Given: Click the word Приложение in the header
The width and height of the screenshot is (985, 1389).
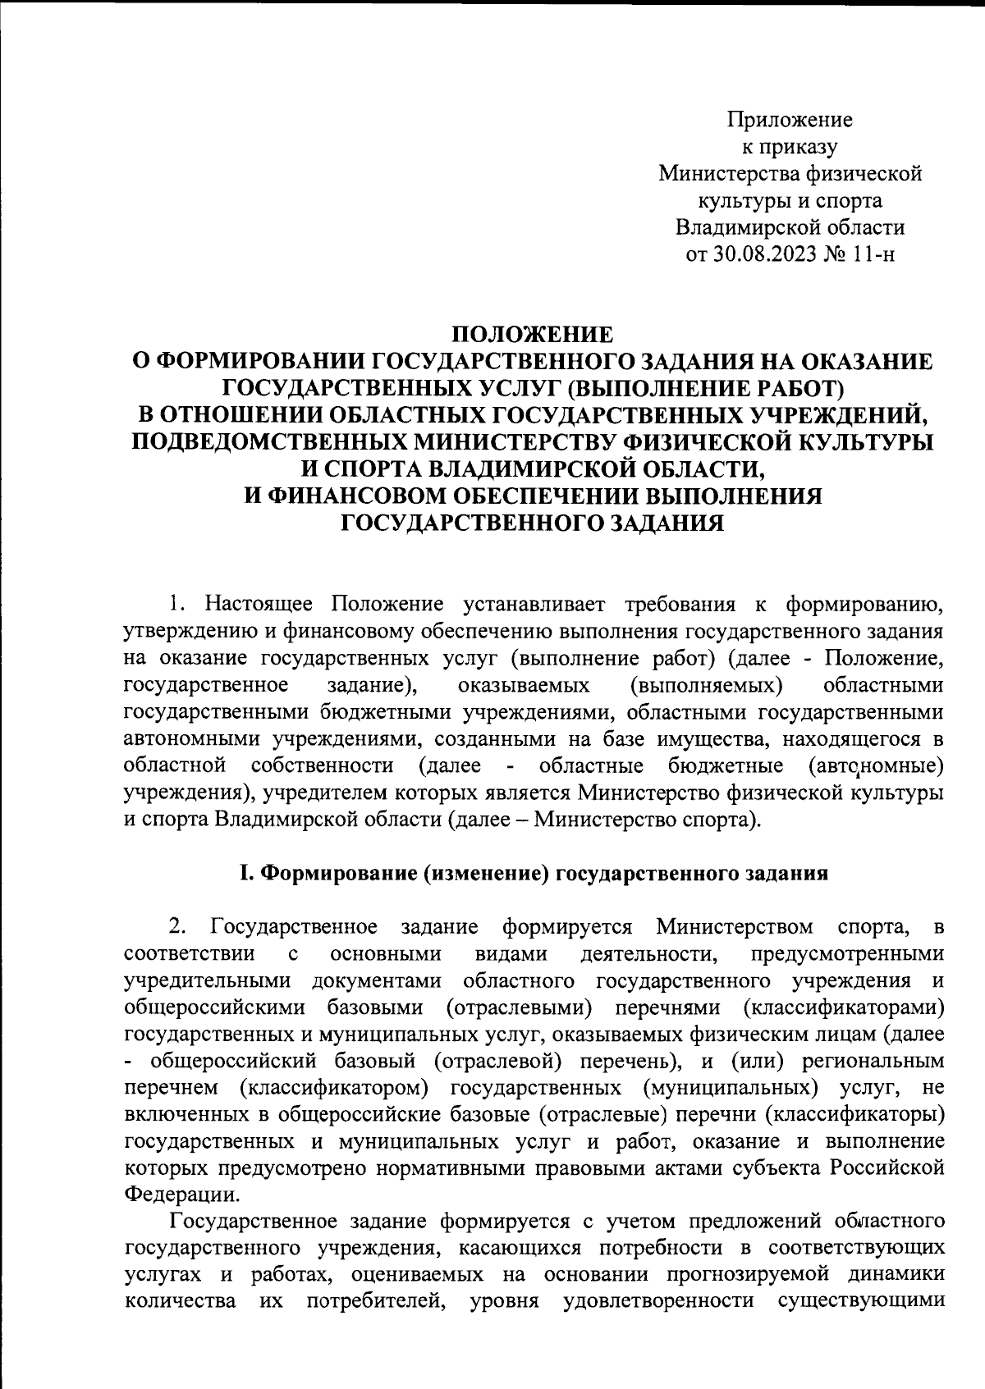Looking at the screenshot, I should [790, 121].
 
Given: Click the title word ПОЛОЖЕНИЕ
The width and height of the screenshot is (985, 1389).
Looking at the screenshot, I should [533, 335].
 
